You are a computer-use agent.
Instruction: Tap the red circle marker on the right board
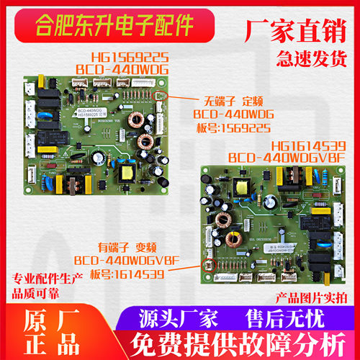point(211,263)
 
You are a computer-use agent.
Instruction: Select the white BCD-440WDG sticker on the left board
point(89,117)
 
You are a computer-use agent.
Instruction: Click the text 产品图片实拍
point(311,297)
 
